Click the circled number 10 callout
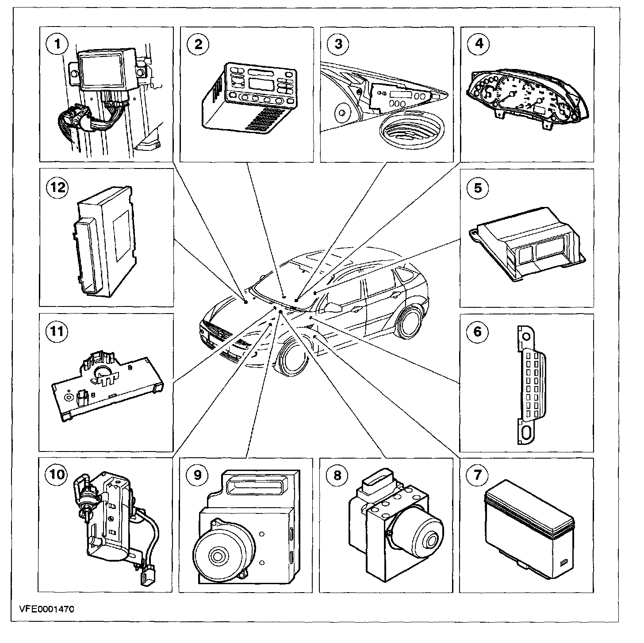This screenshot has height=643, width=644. click(x=57, y=475)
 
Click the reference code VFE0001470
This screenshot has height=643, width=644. click(x=46, y=609)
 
